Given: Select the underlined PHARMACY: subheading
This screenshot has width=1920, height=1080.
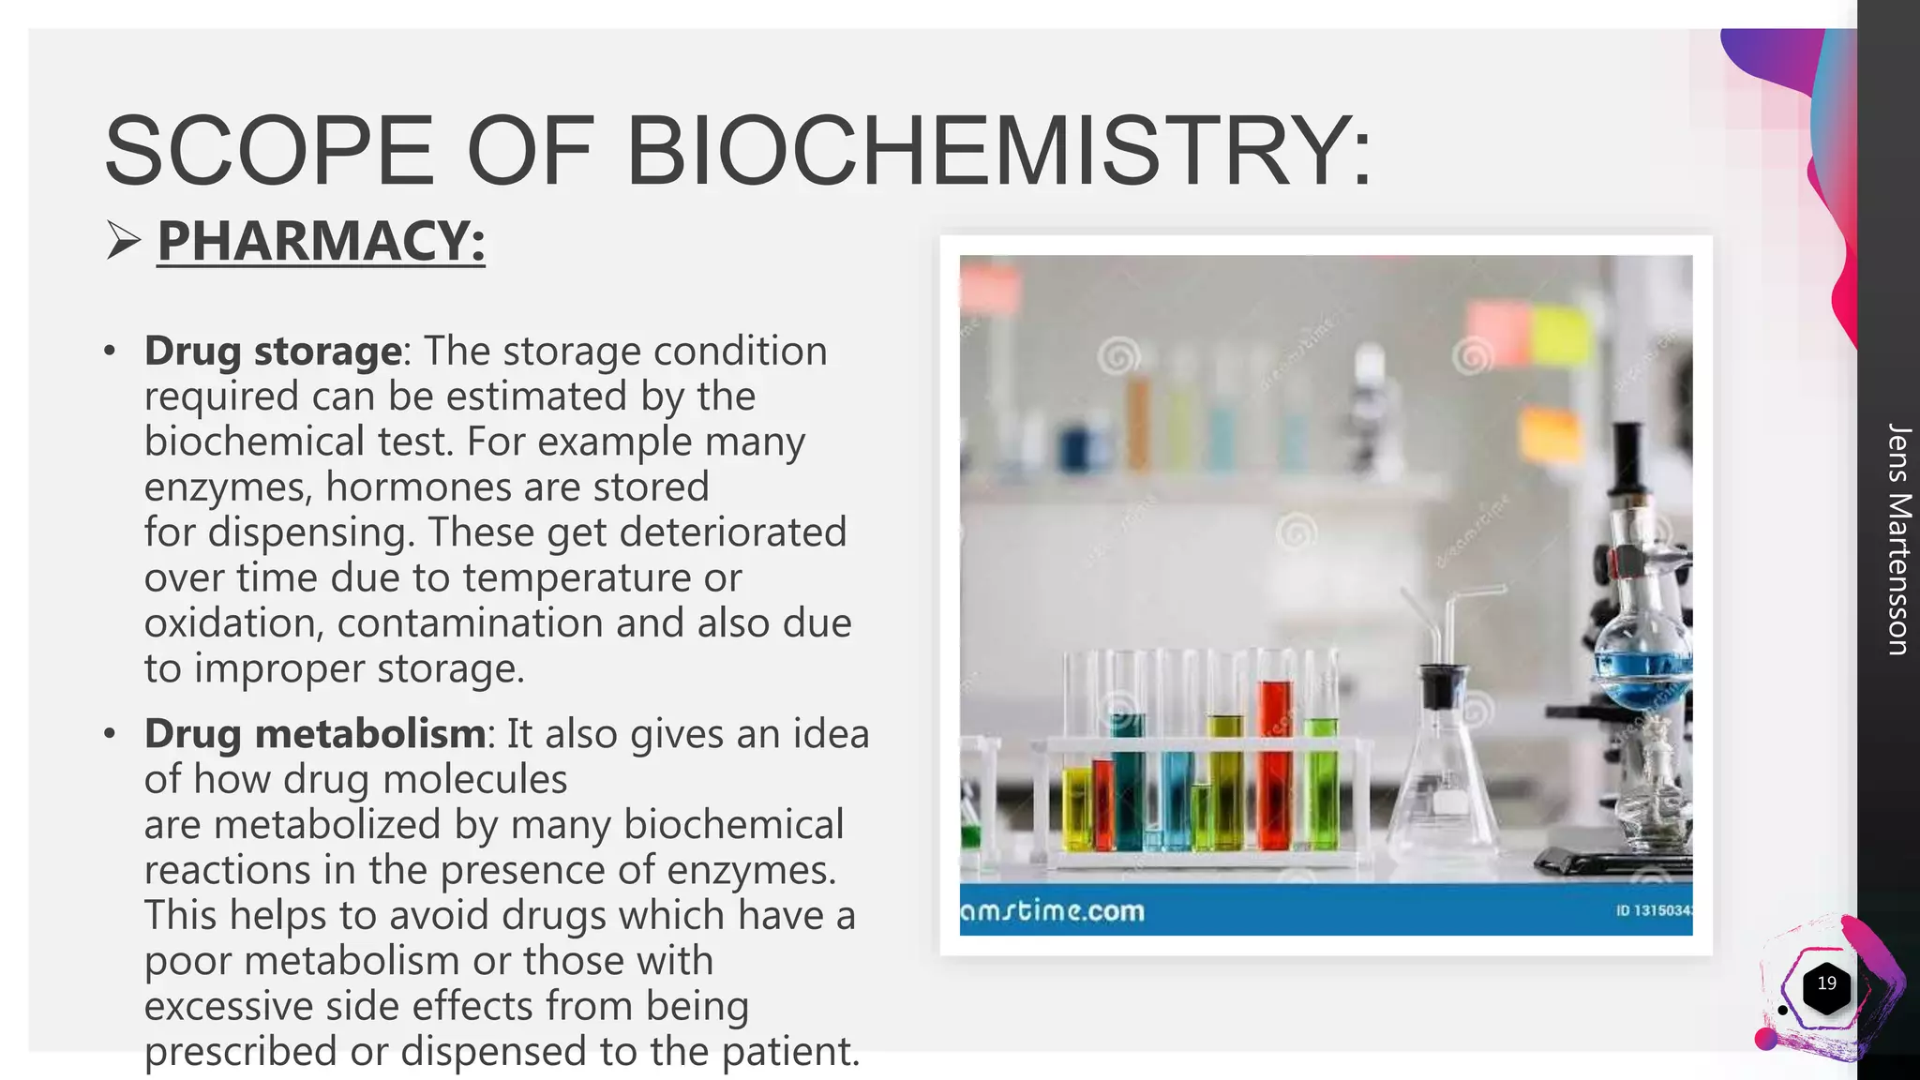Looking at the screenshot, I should (x=321, y=241).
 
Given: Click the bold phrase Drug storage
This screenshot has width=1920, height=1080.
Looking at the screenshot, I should (x=273, y=352).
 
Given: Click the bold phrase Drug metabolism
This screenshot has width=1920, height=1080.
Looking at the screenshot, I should (x=315, y=734).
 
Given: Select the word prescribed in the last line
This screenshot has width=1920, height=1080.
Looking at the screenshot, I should (x=240, y=1051).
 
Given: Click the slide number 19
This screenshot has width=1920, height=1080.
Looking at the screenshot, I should (x=1826, y=983).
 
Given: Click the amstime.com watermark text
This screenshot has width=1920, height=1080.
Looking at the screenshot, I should (x=1053, y=911).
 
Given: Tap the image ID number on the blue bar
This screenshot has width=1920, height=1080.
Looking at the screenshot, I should (x=1654, y=910).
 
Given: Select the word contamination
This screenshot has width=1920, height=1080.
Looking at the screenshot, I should (x=510, y=623).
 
